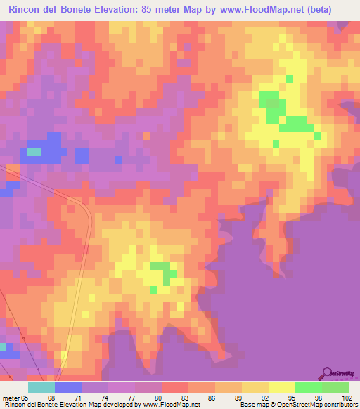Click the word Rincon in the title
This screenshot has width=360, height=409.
coord(27,11)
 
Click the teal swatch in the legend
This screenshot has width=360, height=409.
coord(41,387)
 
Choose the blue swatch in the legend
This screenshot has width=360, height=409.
coord(67,387)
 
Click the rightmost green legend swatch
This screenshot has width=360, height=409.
coord(335,387)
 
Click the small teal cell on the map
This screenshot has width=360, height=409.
coord(33,151)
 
